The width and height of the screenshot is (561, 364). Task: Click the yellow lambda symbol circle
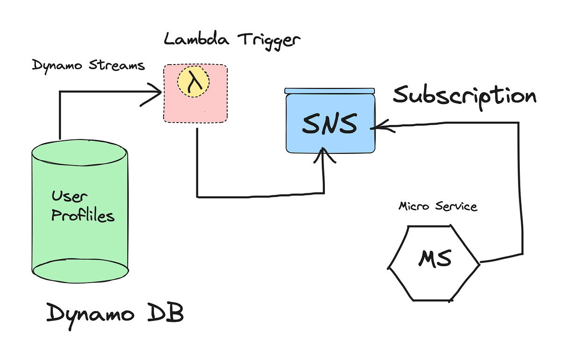193,84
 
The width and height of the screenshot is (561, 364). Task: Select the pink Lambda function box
195,105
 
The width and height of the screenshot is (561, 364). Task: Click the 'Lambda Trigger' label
232,40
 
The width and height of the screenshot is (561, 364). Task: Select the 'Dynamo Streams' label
88,66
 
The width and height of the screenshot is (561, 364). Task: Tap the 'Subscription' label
464,96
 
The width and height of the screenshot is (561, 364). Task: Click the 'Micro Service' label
438,206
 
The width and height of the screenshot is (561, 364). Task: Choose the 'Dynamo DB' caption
115,313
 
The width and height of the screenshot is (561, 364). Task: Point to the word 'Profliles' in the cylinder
83,216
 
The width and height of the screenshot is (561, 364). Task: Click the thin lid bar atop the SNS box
330,90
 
